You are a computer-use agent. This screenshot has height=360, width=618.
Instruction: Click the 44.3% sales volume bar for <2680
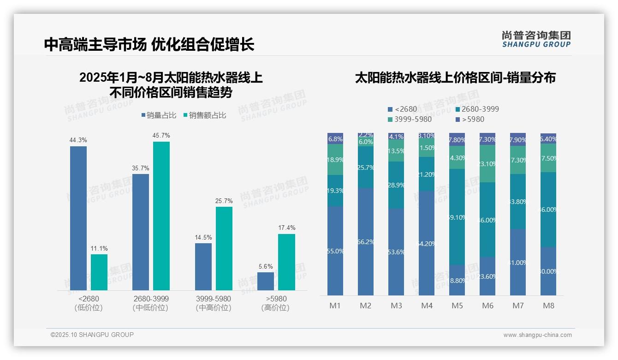[78, 218]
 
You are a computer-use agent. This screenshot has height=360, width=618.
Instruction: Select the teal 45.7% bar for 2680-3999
[161, 216]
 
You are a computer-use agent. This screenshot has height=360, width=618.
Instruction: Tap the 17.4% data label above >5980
[287, 228]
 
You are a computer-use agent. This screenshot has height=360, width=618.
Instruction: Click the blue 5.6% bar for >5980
[266, 281]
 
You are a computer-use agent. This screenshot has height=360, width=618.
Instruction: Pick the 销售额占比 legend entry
[205, 115]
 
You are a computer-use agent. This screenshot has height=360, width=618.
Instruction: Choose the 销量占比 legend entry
[159, 115]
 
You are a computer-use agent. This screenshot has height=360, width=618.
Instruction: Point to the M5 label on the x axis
[457, 306]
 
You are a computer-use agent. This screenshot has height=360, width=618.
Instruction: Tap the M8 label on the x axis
[548, 306]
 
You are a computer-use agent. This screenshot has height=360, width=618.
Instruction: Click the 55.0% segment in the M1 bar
[335, 251]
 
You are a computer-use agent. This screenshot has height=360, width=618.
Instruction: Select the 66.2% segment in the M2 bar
[366, 241]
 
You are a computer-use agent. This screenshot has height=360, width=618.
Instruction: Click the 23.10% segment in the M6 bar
[487, 164]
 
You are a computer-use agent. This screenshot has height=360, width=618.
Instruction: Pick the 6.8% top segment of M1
[335, 138]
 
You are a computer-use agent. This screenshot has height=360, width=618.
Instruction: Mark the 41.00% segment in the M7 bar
[518, 262]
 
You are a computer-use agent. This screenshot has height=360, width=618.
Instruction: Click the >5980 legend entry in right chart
[469, 120]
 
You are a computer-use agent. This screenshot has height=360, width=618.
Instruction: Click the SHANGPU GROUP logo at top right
[536, 39]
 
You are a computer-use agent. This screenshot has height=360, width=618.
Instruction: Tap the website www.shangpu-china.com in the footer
[537, 335]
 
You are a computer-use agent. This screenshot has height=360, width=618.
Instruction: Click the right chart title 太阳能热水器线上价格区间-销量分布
[455, 78]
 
